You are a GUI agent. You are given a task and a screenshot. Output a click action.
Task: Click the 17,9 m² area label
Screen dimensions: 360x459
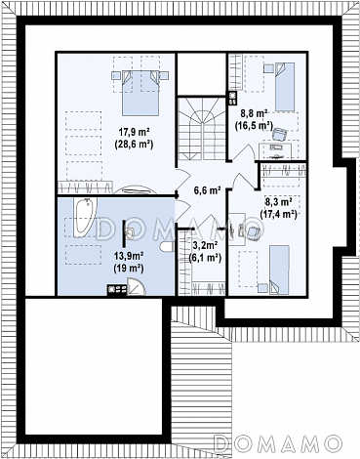(x=134, y=132)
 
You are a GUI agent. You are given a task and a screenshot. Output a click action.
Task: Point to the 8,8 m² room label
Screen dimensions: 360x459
(x=254, y=113)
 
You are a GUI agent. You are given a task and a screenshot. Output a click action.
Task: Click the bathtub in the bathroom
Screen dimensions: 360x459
(x=84, y=216)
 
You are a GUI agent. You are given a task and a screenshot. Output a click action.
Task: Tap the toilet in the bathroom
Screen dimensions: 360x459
(x=168, y=247)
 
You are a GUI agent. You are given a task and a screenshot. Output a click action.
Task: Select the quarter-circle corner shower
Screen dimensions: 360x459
(x=136, y=286)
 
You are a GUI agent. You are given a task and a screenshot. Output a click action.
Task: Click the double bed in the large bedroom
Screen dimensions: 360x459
(x=140, y=92)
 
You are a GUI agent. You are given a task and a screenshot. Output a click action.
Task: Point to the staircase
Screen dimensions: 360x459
(x=202, y=128)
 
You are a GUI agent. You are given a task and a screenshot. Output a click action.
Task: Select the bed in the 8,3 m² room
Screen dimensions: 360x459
(x=279, y=271)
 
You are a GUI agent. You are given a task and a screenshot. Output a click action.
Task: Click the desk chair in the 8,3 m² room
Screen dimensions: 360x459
(x=254, y=231)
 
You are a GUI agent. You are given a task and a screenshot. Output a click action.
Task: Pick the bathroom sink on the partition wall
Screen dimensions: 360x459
(x=130, y=233)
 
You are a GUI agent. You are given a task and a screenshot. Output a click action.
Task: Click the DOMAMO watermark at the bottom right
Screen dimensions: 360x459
(x=278, y=443)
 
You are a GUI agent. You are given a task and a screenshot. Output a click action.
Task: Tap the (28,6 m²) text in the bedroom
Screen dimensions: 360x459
(x=134, y=145)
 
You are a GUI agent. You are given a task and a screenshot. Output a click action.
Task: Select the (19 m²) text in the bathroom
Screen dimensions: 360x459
(x=129, y=268)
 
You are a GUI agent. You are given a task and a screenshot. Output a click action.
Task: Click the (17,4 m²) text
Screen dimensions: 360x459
(x=278, y=214)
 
